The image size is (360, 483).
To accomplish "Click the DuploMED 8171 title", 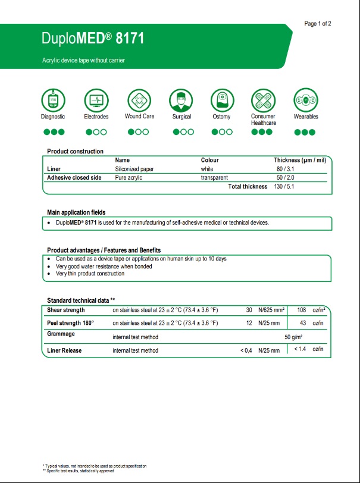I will [x=93, y=39].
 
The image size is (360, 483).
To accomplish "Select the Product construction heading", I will [x=75, y=151].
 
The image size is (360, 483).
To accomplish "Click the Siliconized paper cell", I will [x=134, y=169].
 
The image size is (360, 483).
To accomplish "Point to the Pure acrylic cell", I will [x=129, y=178].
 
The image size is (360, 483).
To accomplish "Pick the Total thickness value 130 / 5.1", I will [x=284, y=187].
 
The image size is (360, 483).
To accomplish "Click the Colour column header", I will [x=209, y=160].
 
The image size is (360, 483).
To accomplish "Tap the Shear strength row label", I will [x=66, y=310].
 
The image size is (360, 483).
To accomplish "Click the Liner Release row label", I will [x=64, y=350].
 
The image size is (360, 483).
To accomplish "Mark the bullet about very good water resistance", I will [x=104, y=266].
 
